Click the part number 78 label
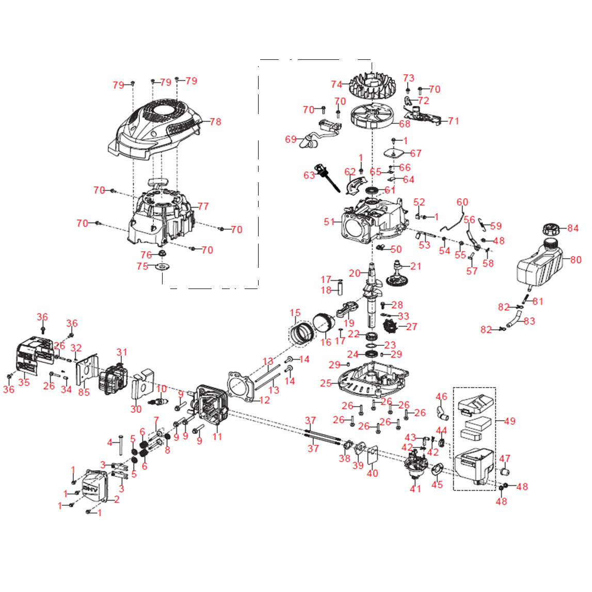pyautogui.click(x=215, y=122)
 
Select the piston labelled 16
pyautogui.click(x=324, y=324)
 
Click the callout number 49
pyautogui.click(x=509, y=421)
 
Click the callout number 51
pyautogui.click(x=329, y=222)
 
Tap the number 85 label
pyautogui.click(x=84, y=392)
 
